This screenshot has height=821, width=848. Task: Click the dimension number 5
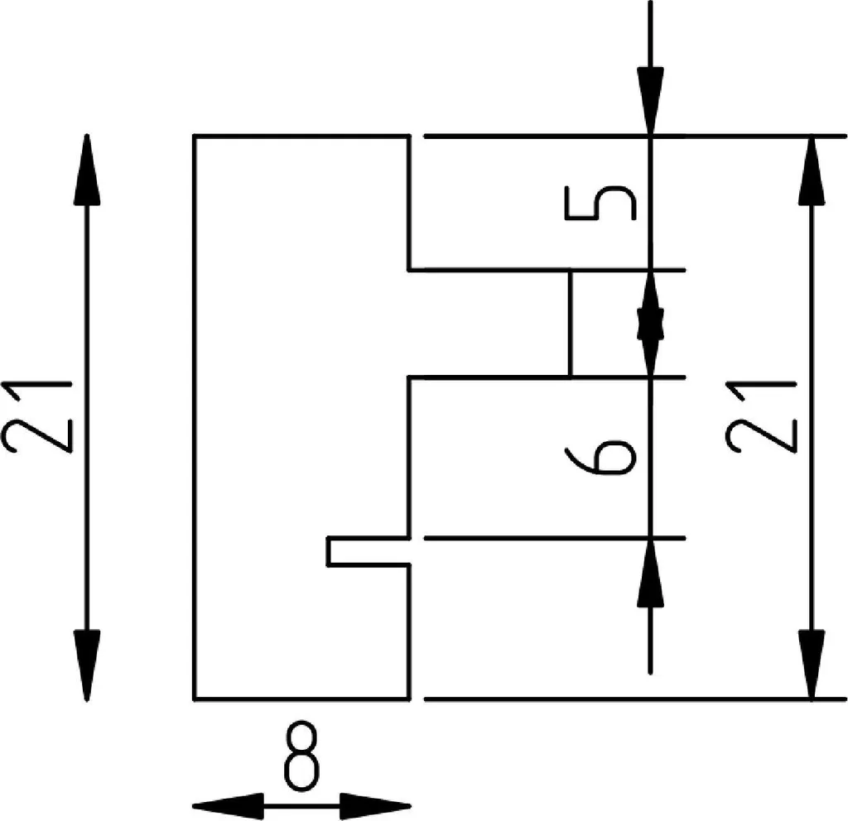pyautogui.click(x=600, y=204)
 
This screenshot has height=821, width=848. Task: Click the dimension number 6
pyautogui.click(x=600, y=456)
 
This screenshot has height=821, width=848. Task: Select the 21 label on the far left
pyautogui.click(x=36, y=417)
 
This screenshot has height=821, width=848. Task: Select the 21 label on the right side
pyautogui.click(x=761, y=416)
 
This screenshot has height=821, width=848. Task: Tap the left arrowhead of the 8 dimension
pyautogui.click(x=228, y=806)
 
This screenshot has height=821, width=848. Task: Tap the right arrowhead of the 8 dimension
pyautogui.click(x=375, y=806)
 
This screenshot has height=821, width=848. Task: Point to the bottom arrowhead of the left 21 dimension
pyautogui.click(x=86, y=665)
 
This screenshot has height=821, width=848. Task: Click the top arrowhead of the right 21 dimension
pyautogui.click(x=812, y=170)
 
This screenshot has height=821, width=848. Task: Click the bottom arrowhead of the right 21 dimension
pyautogui.click(x=812, y=665)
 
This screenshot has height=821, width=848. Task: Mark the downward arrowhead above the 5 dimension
pyautogui.click(x=650, y=101)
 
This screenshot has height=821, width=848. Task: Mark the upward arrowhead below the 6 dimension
pyautogui.click(x=650, y=573)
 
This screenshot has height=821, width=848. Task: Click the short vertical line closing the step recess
pyautogui.click(x=570, y=324)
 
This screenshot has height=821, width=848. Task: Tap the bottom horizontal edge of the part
pyautogui.click(x=302, y=699)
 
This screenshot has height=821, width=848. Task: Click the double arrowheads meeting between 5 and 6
pyautogui.click(x=650, y=324)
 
